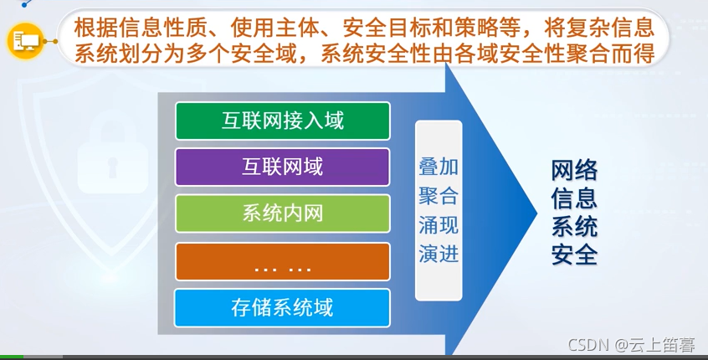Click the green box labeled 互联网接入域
coord(282,121)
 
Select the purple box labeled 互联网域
coord(282,167)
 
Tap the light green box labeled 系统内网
coord(282,213)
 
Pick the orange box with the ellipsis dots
coord(282,261)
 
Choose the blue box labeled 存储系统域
coord(282,307)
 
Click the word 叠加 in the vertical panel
coord(439,167)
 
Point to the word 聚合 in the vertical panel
coord(439,196)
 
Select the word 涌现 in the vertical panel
coord(439,225)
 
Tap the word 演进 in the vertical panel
coord(439,255)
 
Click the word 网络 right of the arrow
coord(574,171)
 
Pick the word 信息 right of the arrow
coord(574,199)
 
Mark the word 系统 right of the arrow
coord(574,227)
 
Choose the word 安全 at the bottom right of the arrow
coord(574,255)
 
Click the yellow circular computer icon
coord(26,39)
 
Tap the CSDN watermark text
coord(588,346)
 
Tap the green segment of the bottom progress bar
coord(12,357)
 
